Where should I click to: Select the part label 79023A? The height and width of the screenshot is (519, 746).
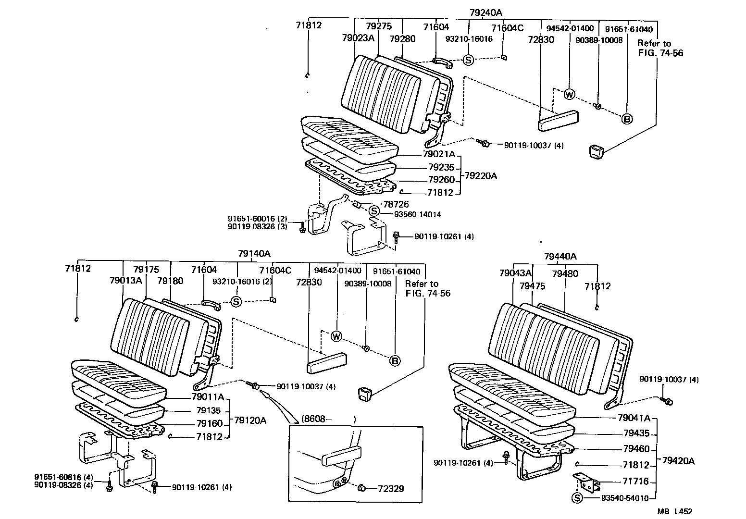pyautogui.click(x=358, y=38)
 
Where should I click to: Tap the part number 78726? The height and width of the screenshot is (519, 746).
pyautogui.click(x=396, y=205)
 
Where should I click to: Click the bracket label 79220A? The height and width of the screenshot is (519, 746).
pyautogui.click(x=481, y=176)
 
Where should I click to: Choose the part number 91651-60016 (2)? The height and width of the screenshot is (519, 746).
pyautogui.click(x=257, y=218)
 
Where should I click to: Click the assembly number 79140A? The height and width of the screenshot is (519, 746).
pyautogui.click(x=254, y=253)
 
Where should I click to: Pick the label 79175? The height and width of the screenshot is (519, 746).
pyautogui.click(x=146, y=270)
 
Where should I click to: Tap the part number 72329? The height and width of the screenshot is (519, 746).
pyautogui.click(x=391, y=489)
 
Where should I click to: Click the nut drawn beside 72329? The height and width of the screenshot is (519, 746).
pyautogui.click(x=363, y=489)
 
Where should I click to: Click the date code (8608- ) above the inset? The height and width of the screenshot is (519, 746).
pyautogui.click(x=329, y=419)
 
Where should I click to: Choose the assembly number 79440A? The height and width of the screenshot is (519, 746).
pyautogui.click(x=560, y=257)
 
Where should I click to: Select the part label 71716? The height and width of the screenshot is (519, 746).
pyautogui.click(x=636, y=481)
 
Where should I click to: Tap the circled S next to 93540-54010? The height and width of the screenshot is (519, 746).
pyautogui.click(x=576, y=498)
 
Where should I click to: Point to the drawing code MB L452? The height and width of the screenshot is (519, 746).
pyautogui.click(x=675, y=512)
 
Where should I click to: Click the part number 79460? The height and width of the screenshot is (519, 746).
pyautogui.click(x=636, y=449)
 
